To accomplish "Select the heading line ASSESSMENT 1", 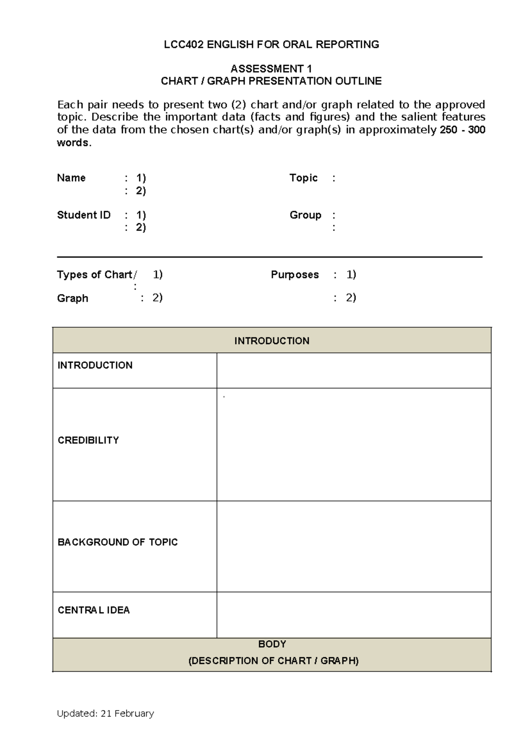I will pos(271,69).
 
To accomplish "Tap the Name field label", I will pos(71,178).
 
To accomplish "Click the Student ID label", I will pos(83,215).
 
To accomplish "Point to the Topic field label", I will pos(303,178).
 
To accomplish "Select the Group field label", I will pos(305,215).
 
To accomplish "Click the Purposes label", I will pos(295,275).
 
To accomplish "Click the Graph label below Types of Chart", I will pos(72,299).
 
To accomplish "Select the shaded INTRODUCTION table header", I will pos(272,341).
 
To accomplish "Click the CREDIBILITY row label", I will pos(88,440).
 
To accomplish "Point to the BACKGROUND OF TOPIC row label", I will pos(117,542).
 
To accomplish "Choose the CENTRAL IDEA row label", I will pos(94,610).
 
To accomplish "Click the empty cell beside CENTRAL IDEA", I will pos(353,615).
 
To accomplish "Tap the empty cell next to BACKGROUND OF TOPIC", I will pos(353,546).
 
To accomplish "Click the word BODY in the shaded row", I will pos(272,644).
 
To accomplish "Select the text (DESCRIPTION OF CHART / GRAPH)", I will pos(273,661).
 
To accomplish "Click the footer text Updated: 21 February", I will pos(105,713).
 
